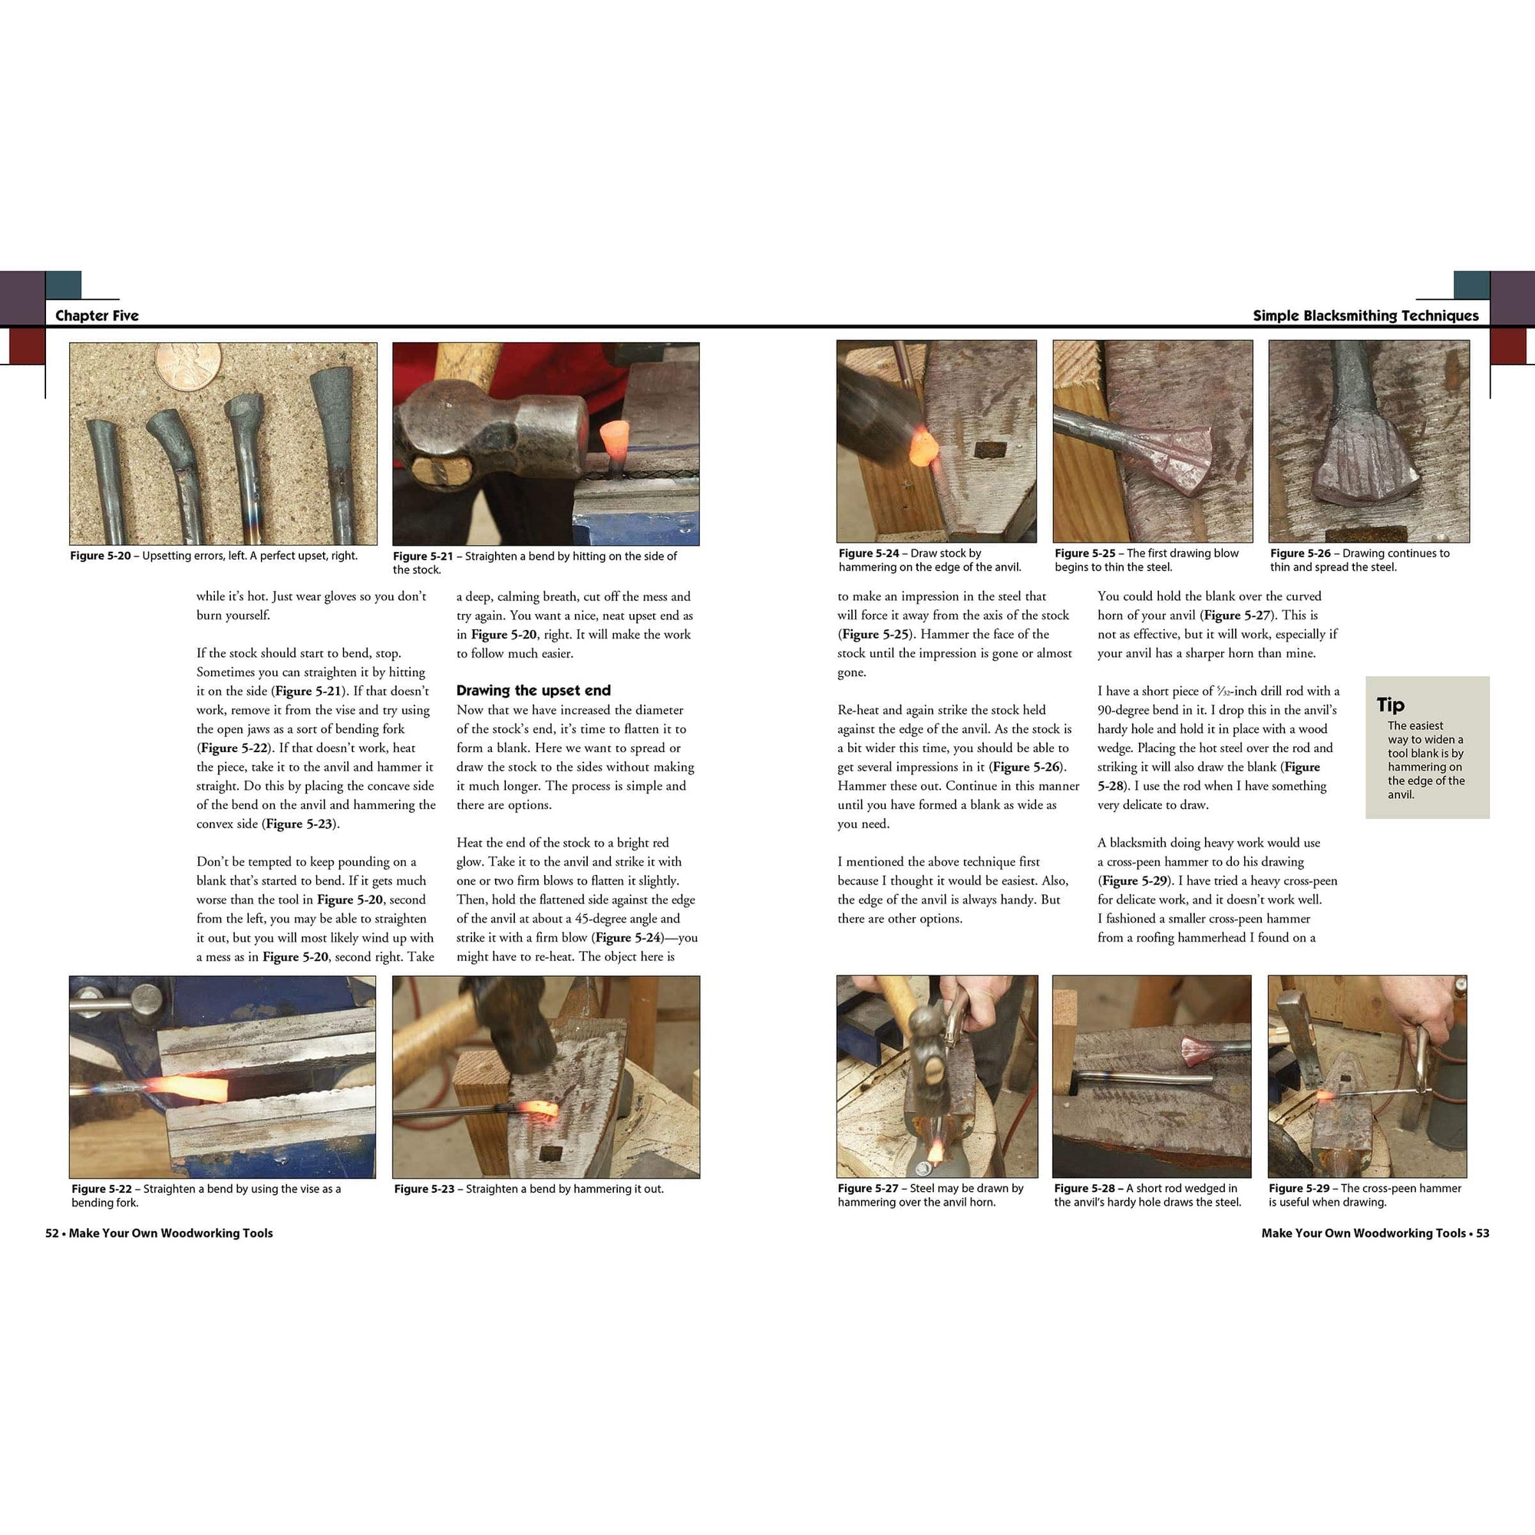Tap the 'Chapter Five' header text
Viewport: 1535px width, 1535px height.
[x=97, y=315]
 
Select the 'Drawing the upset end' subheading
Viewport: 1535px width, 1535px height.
[x=533, y=691]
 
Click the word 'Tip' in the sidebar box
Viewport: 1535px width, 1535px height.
[x=1391, y=705]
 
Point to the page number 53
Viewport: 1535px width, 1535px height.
[x=1483, y=1233]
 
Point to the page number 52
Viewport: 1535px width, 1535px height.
[x=51, y=1233]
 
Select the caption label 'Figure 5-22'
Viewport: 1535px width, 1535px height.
[x=101, y=1189]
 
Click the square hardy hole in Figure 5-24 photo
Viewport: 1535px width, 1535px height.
[x=990, y=451]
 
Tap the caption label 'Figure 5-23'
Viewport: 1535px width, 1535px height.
[x=424, y=1189]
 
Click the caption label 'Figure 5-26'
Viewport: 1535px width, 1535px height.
[x=1300, y=553]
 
